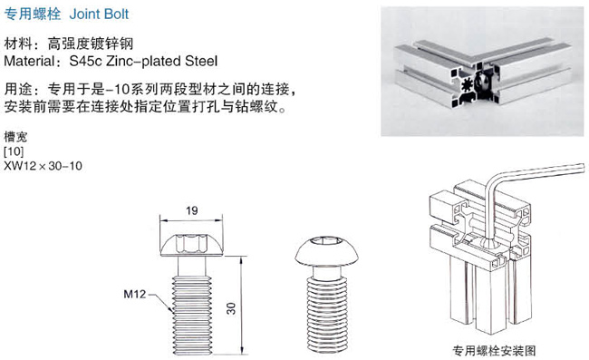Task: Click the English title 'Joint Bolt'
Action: pyautogui.click(x=99, y=14)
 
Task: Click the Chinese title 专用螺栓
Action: pyautogui.click(x=33, y=14)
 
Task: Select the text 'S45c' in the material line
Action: pyautogui.click(x=86, y=61)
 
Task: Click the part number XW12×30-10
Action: pyautogui.click(x=43, y=166)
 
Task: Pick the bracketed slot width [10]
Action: pyautogui.click(x=14, y=151)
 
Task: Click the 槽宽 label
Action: pyautogui.click(x=15, y=137)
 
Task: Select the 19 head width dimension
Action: pyautogui.click(x=191, y=210)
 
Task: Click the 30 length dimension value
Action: pyautogui.click(x=231, y=308)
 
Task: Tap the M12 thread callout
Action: pyautogui.click(x=134, y=294)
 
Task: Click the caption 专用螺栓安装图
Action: pyautogui.click(x=494, y=351)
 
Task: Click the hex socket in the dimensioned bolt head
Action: pyautogui.click(x=191, y=243)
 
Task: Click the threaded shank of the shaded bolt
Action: pyautogui.click(x=326, y=314)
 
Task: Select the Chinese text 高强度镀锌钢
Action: pyautogui.click(x=90, y=44)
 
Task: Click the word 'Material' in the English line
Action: pyautogui.click(x=29, y=61)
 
